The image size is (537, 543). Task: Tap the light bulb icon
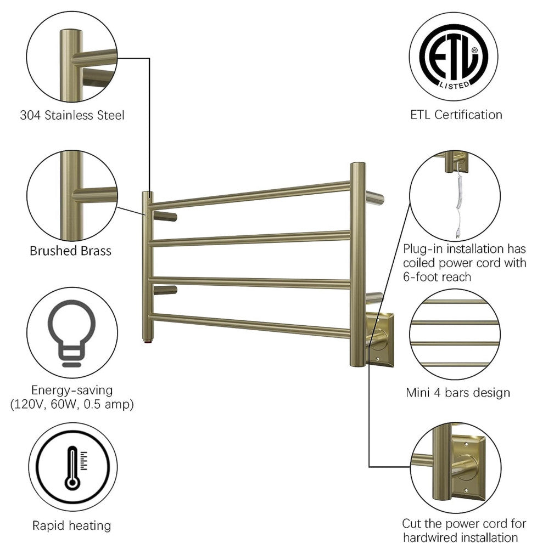[71, 332]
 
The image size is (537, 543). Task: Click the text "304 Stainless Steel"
[72, 115]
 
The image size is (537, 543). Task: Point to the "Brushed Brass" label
[70, 251]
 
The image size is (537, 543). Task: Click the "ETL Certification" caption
[456, 115]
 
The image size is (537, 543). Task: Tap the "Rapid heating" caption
[71, 525]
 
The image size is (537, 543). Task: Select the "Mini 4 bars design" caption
[458, 393]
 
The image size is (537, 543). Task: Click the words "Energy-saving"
[72, 391]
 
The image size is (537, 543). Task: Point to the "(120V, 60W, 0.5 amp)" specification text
[72, 405]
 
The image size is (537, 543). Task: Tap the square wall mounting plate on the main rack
[378, 338]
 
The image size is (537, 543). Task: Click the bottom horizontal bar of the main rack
[250, 324]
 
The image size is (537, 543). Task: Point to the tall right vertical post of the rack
[358, 263]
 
